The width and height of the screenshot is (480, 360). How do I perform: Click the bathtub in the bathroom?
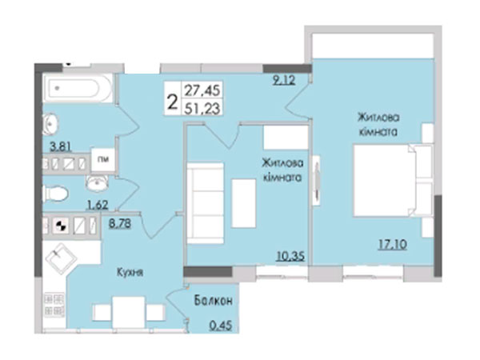78,88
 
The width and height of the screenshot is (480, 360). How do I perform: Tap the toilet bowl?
55,194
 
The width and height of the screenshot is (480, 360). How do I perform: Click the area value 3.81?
61,146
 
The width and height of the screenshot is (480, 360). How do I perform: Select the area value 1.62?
98,205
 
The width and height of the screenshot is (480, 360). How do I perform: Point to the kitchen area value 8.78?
120,223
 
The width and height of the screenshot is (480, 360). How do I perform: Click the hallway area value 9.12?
284,80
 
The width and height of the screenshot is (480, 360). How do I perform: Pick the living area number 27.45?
202,90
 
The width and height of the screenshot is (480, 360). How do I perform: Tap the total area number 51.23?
202,108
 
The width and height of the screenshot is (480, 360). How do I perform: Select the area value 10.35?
291,256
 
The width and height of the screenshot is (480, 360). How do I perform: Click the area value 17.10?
393,244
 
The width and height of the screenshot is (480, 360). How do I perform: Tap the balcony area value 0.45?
221,326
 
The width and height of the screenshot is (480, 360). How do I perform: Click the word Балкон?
214,301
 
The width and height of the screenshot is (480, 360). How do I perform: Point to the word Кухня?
130,272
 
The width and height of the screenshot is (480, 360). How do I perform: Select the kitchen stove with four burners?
54,305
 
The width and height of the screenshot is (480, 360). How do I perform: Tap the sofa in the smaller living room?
206,203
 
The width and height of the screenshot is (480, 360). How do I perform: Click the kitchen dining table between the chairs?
129,313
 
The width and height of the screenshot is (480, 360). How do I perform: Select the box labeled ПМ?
103,159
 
